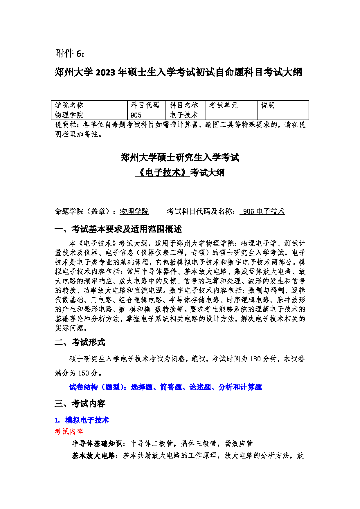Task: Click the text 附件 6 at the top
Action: (x=70, y=53)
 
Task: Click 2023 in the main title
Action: (x=105, y=72)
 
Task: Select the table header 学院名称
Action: (x=69, y=105)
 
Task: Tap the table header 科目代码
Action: (x=145, y=105)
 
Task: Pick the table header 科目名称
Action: (x=184, y=105)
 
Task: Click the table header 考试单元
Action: (x=224, y=105)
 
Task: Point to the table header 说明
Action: (x=268, y=105)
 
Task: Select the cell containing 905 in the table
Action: (x=136, y=115)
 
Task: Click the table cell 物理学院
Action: (x=69, y=115)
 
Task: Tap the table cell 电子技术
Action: (x=184, y=115)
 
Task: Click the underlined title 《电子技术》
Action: (x=163, y=173)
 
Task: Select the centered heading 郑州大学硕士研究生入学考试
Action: (x=180, y=158)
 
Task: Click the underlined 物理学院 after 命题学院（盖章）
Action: (x=134, y=211)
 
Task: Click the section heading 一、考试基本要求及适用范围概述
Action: (x=118, y=229)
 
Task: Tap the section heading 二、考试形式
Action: (x=80, y=342)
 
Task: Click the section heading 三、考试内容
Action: (x=80, y=403)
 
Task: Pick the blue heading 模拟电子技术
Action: (x=87, y=420)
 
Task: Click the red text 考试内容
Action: (x=69, y=432)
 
